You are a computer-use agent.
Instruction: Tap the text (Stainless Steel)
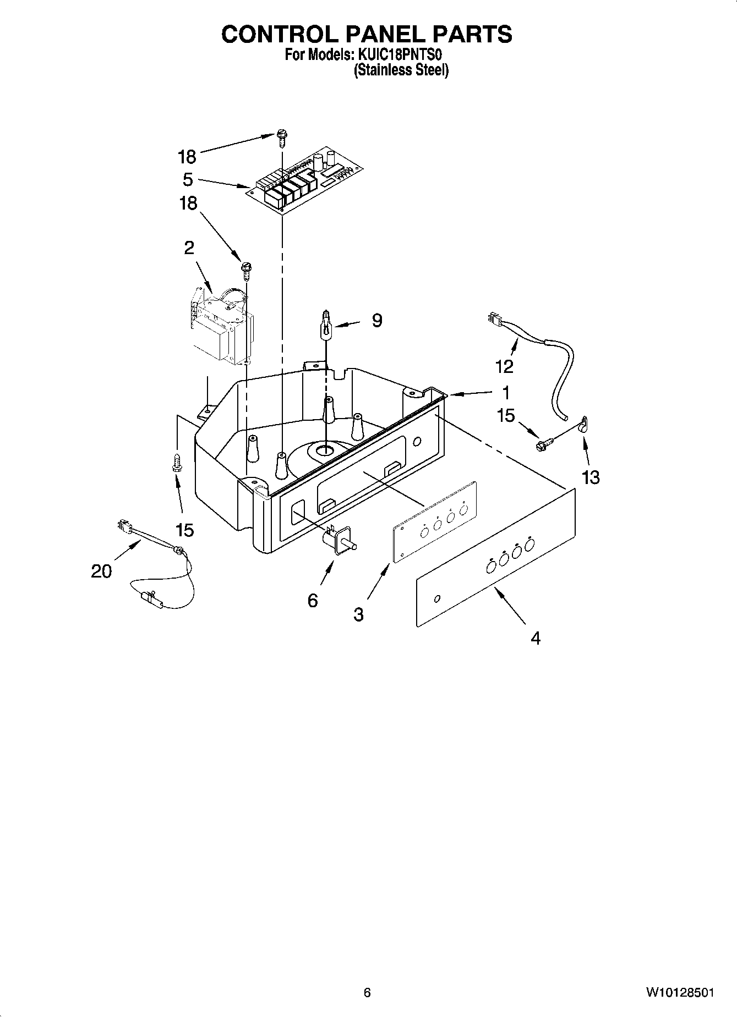401,70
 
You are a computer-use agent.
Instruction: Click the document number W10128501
680,993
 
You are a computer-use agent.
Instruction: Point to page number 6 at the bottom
367,993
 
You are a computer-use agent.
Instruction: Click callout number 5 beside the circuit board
188,179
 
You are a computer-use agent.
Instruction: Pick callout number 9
376,320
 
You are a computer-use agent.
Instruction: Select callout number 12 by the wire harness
504,366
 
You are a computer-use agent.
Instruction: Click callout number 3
358,614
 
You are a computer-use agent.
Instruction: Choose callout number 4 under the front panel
535,638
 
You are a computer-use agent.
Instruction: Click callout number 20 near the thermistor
101,571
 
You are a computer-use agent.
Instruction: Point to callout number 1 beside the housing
505,393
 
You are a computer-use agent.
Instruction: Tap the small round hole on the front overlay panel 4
437,598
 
